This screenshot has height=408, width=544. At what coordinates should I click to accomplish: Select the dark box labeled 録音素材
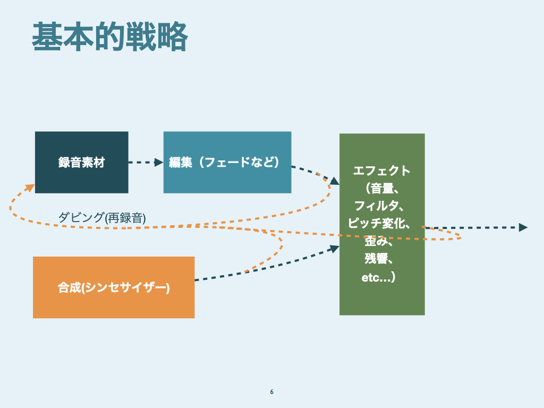click(81, 162)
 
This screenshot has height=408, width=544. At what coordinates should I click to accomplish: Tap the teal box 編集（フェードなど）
click(227, 162)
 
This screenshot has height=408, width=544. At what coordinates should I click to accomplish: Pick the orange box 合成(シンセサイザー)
click(113, 287)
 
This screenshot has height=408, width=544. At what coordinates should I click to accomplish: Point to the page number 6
click(272, 392)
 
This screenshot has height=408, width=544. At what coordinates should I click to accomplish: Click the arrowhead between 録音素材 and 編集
click(159, 162)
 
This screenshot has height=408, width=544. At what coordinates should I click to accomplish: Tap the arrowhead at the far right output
click(523, 227)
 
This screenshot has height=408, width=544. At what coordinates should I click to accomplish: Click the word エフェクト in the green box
click(382, 171)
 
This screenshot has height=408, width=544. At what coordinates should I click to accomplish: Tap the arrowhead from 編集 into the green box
click(334, 181)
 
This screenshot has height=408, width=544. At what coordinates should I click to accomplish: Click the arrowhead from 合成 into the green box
click(335, 248)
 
